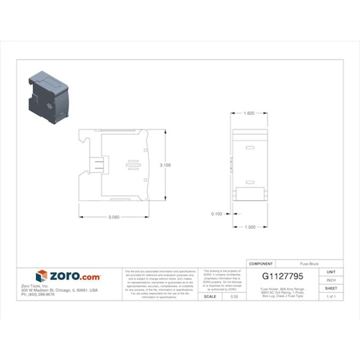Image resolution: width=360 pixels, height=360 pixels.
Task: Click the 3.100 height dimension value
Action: pos(165,165)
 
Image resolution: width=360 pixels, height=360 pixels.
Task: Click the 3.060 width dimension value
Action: pos(113,217)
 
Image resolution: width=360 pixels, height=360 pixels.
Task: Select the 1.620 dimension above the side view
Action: pos(249,113)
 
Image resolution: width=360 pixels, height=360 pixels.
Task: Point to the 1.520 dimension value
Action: pos(250,227)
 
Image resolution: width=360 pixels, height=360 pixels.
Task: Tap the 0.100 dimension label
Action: pos(216,214)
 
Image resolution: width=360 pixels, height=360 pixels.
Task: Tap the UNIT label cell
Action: pos(331,272)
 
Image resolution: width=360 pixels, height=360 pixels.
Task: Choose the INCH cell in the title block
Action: pos(331,280)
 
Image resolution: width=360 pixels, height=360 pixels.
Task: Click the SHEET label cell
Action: pos(331,288)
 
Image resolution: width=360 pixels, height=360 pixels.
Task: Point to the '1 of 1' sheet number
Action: pos(331,297)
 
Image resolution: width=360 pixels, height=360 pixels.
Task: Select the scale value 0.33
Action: pos(234,297)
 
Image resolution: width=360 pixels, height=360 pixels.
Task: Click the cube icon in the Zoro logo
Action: pos(41,276)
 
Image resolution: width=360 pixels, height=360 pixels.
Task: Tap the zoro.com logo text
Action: pos(74,276)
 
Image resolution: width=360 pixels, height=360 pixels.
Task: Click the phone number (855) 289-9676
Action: pos(38,294)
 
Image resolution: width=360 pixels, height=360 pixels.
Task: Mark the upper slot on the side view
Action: pos(250,148)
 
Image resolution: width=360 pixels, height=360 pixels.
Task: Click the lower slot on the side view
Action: pos(250,182)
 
